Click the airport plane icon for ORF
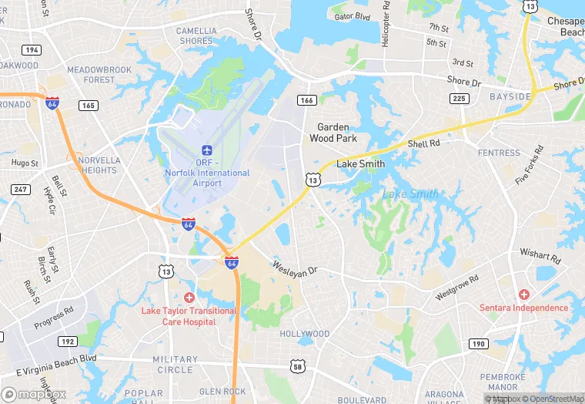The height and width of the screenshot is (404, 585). (206, 150)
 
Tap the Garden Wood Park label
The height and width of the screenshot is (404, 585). (333, 133)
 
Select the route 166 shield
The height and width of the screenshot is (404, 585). (307, 100)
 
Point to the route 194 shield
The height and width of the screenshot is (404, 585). (32, 49)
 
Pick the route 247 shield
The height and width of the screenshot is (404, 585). (19, 189)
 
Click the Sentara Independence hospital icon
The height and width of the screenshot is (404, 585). (524, 295)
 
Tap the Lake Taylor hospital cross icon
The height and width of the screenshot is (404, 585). (189, 297)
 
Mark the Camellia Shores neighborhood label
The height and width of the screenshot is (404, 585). (196, 35)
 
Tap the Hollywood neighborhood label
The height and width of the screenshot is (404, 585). (304, 334)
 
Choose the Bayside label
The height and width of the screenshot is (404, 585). (510, 96)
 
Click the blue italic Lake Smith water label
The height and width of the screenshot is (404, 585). (410, 194)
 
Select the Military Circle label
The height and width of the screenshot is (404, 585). (175, 365)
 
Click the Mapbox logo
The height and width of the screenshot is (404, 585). (34, 394)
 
